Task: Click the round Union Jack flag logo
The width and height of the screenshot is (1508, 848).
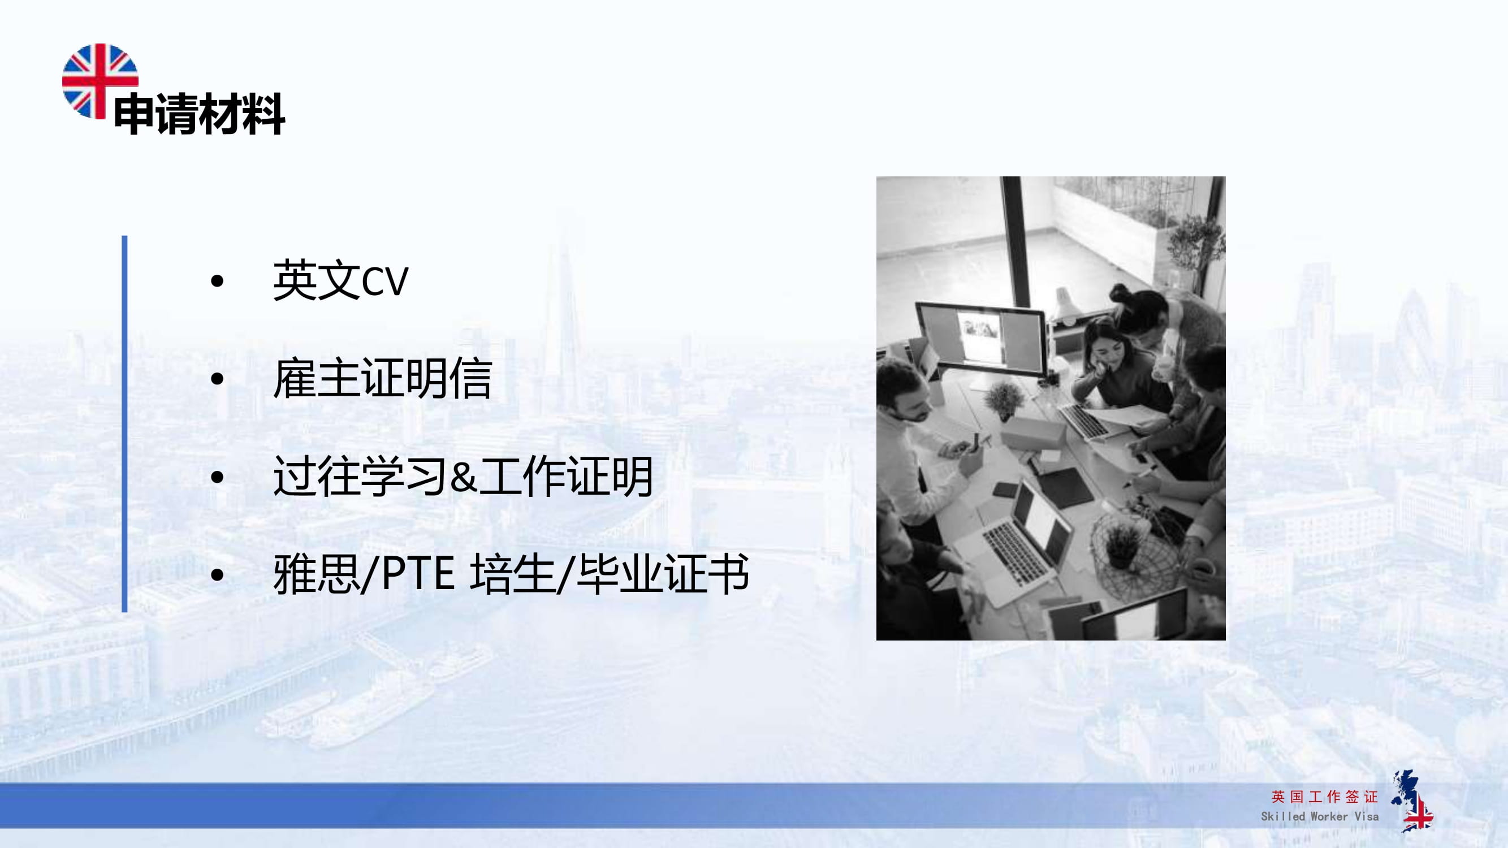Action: click(x=100, y=81)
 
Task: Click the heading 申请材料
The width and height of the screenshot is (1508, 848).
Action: click(x=199, y=114)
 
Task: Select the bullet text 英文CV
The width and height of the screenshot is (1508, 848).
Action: click(x=340, y=281)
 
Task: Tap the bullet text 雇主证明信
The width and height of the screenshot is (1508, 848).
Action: click(x=382, y=379)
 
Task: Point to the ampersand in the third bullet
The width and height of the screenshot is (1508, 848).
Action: click(x=464, y=477)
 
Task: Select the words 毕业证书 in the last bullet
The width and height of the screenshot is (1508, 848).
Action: click(x=662, y=574)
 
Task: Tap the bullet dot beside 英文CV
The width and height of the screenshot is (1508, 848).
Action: click(x=217, y=282)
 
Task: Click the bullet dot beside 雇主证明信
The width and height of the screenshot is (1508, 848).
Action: click(x=217, y=379)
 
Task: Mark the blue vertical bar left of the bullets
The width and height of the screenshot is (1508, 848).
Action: click(x=125, y=423)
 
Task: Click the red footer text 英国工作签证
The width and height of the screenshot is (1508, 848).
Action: click(x=1324, y=797)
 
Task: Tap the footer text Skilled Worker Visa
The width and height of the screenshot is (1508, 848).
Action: click(x=1320, y=816)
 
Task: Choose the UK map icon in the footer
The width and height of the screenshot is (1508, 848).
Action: click(x=1412, y=801)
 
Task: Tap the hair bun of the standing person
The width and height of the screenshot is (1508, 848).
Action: click(x=1119, y=292)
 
